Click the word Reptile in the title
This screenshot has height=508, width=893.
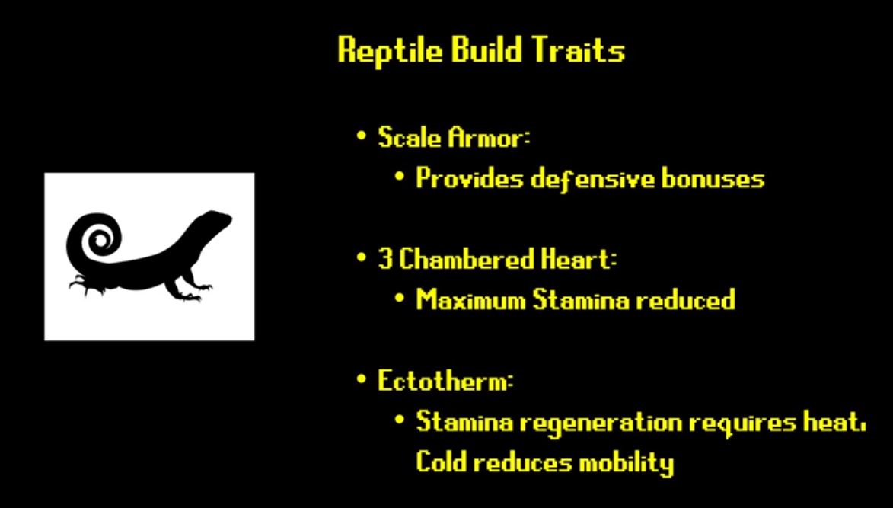coord(390,51)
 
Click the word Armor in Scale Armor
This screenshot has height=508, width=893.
coord(488,137)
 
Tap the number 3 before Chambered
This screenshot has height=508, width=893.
coord(384,260)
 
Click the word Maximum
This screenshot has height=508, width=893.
coord(471,299)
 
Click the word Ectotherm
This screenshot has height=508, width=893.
coord(445,381)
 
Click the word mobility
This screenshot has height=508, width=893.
coord(626,462)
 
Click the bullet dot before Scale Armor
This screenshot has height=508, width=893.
coord(361,136)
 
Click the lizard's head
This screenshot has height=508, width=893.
coord(215,220)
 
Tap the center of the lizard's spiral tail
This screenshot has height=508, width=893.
coord(100,241)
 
